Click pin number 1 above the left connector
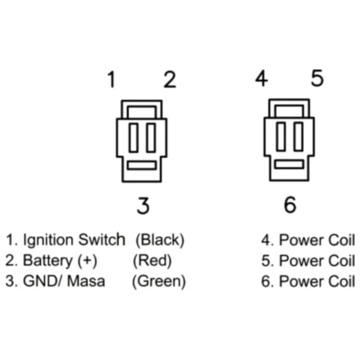(112, 80)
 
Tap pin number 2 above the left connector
(170, 80)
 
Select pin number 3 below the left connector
(143, 206)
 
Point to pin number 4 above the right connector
(262, 78)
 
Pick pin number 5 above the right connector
(317, 78)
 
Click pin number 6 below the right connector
(290, 204)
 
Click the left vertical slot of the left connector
(134, 138)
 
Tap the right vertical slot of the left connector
(151, 138)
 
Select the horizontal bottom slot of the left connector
(142, 165)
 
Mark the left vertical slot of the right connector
(281, 136)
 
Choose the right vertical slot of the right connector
(298, 136)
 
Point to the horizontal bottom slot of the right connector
(289, 164)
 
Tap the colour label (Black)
(160, 240)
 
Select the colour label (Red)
(152, 261)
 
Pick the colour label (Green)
(159, 282)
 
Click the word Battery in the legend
(48, 261)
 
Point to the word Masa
(86, 281)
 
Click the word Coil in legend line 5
(341, 261)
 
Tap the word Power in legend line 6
(301, 282)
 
